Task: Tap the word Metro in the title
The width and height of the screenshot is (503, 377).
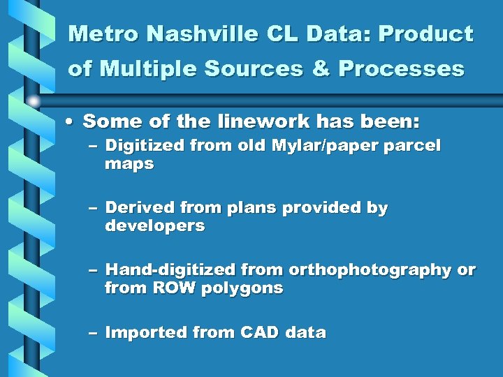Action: pyautogui.click(x=96, y=34)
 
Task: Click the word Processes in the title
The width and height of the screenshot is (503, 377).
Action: pyautogui.click(x=402, y=69)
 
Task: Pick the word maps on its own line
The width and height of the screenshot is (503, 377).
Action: pyautogui.click(x=129, y=165)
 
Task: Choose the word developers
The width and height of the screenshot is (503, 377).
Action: pyautogui.click(x=154, y=226)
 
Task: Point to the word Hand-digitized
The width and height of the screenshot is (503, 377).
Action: pyautogui.click(x=170, y=269)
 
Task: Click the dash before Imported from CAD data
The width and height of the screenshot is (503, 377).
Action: pyautogui.click(x=93, y=333)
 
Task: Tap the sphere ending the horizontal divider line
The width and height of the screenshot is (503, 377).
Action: pyautogui.click(x=34, y=101)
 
